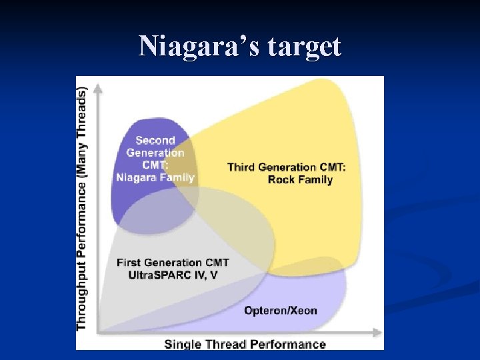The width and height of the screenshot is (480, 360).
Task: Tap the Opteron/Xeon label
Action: (280, 311)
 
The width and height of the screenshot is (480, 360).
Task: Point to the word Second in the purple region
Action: (155, 140)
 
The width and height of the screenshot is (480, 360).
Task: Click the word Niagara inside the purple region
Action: (137, 177)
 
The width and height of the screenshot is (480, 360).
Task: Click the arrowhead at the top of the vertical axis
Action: (99, 87)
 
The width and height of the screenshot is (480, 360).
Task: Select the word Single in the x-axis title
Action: (181, 345)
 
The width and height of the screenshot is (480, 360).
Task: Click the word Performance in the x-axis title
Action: (291, 345)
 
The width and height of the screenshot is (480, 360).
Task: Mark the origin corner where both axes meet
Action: (99, 332)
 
